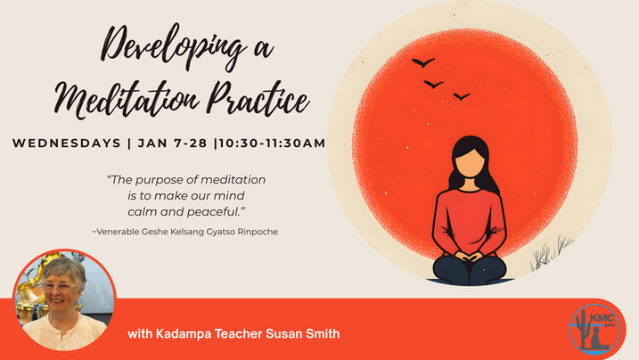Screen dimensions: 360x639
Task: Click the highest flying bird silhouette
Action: coord(423,62)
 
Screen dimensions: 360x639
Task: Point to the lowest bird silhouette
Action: coord(461,95)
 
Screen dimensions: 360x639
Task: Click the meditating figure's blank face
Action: coord(470,164)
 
